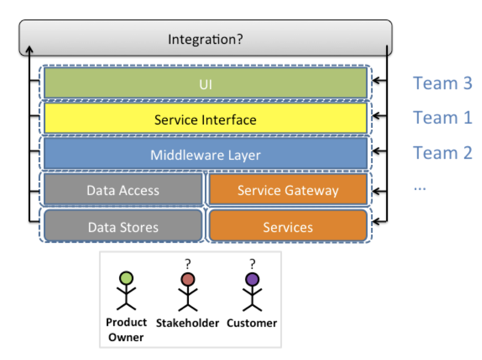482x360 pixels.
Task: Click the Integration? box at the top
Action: (x=205, y=38)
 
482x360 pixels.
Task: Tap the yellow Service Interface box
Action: (x=205, y=119)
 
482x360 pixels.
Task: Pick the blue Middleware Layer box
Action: (x=205, y=154)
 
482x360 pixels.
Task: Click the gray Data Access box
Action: (x=123, y=190)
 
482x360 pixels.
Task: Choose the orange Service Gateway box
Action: (x=288, y=190)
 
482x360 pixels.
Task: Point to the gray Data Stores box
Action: (x=123, y=227)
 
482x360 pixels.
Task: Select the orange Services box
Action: (x=288, y=227)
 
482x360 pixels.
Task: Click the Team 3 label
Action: (x=442, y=83)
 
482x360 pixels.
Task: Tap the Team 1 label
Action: (x=442, y=117)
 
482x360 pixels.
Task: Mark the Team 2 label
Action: (x=442, y=153)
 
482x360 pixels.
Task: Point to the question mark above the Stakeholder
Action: (x=188, y=264)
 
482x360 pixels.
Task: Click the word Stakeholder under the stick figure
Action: (x=187, y=323)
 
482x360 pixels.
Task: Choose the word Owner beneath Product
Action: (x=125, y=337)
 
